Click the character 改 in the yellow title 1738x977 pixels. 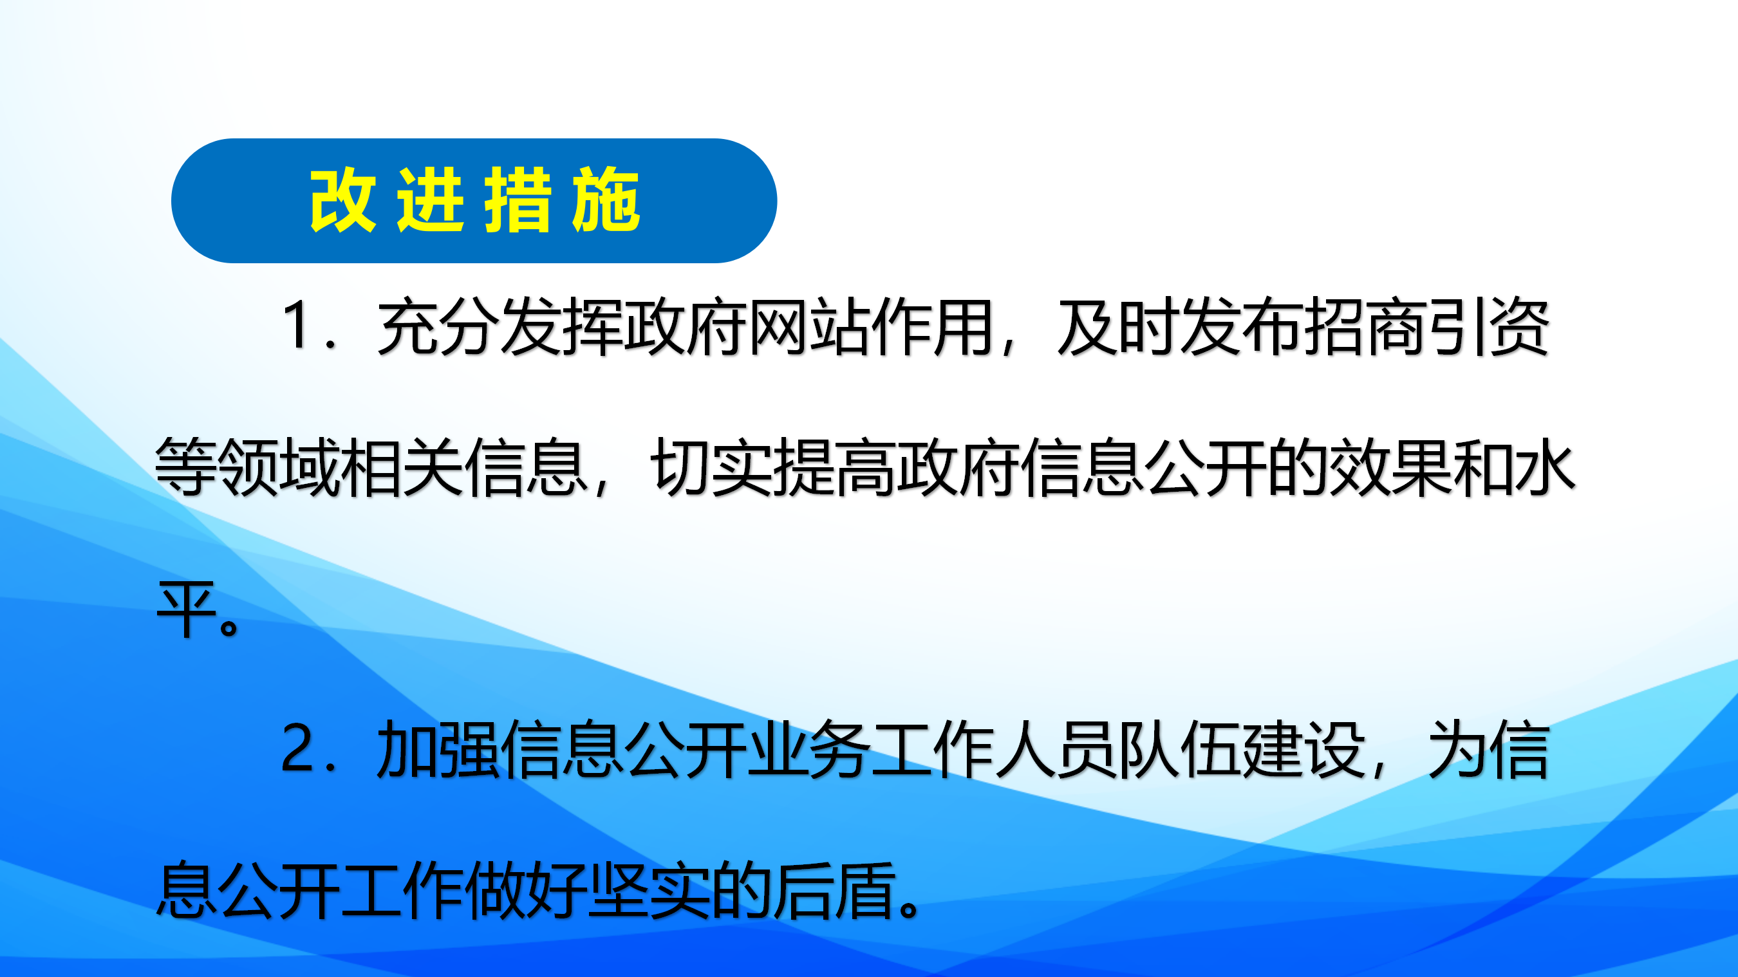coord(342,200)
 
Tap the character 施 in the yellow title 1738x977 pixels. coord(605,200)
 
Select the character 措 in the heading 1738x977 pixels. coord(518,200)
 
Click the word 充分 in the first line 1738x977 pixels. coord(438,326)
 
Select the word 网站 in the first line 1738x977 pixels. coord(808,326)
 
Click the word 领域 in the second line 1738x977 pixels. coord(277,467)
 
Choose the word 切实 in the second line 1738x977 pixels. coord(710,467)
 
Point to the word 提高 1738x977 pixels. coord(833,467)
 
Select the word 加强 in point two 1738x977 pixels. coord(438,749)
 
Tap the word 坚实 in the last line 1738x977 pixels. coord(648,891)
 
